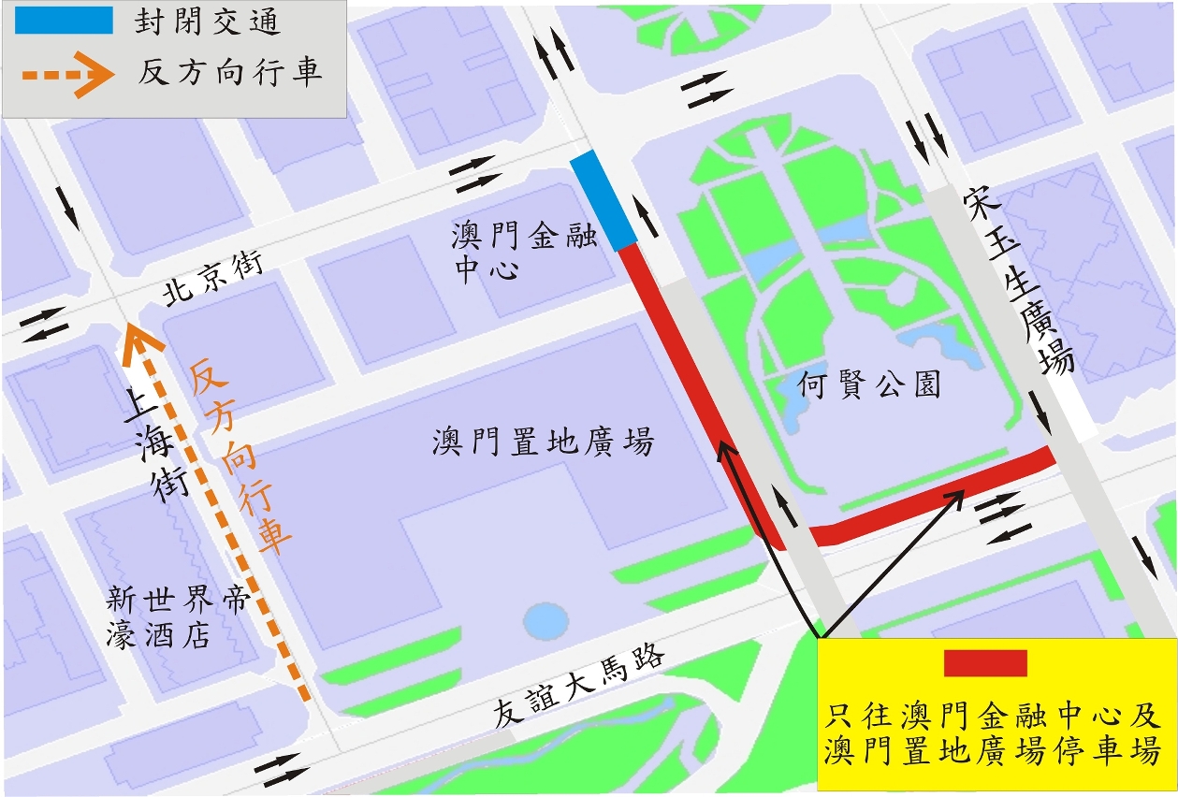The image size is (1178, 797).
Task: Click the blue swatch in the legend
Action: (64, 21)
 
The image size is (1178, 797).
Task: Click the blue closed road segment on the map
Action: (604, 200)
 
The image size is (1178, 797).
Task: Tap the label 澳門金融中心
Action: (524, 252)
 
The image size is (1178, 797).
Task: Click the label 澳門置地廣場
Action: (543, 442)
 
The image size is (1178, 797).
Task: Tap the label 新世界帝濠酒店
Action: (179, 617)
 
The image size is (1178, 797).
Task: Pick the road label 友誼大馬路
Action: (579, 686)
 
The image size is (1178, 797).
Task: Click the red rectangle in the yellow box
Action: (985, 663)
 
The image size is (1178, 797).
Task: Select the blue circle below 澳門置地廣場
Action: (545, 618)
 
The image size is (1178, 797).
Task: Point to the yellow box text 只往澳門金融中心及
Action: (994, 717)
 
